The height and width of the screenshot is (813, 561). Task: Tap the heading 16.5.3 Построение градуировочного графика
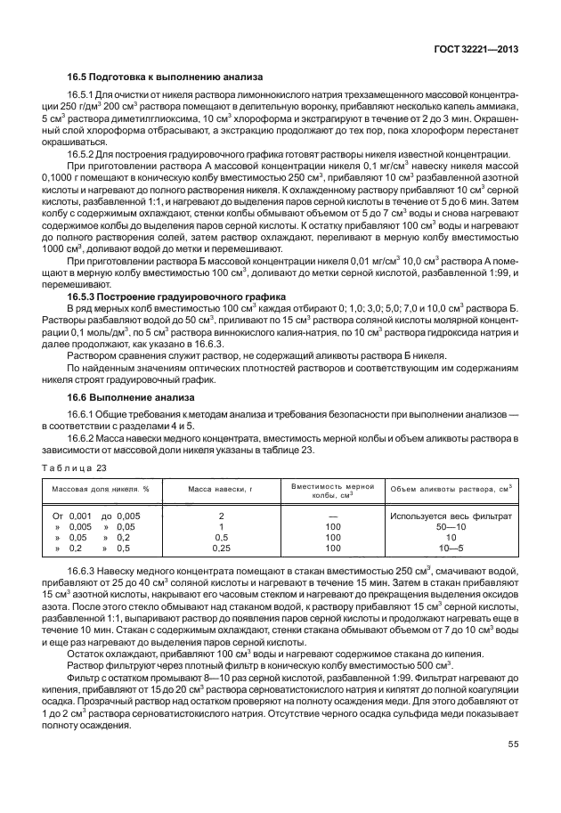(177, 296)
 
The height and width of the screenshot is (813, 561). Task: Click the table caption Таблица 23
(75, 467)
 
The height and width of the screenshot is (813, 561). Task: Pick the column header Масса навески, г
(221, 489)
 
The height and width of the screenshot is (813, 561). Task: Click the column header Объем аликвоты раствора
(449, 489)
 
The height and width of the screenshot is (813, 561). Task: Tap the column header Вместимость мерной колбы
(333, 489)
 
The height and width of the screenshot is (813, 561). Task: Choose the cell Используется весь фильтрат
(450, 516)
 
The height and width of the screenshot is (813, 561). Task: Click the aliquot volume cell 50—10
(450, 527)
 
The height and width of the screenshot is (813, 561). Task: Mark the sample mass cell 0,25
(221, 549)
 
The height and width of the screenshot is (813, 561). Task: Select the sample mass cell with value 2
(221, 516)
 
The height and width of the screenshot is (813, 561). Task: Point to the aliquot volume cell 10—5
(450, 549)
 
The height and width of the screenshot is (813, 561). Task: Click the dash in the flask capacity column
(333, 516)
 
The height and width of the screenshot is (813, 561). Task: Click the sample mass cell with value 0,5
(221, 538)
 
